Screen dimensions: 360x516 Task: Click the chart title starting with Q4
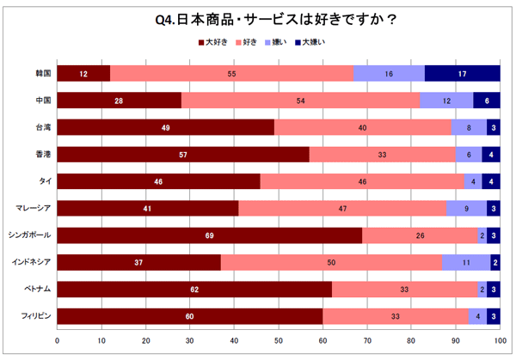click(x=258, y=17)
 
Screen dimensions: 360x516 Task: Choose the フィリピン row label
click(x=35, y=317)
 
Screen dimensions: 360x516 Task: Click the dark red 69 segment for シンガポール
click(x=210, y=235)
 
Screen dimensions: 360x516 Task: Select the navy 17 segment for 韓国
click(x=463, y=74)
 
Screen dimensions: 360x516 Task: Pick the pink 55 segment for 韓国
click(x=232, y=74)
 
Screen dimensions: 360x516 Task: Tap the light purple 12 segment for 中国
click(x=446, y=101)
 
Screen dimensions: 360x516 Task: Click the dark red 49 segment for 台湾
click(x=166, y=128)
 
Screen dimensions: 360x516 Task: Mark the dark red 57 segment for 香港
click(x=183, y=155)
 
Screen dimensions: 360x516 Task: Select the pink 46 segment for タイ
click(x=362, y=181)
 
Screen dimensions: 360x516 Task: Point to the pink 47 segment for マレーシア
click(x=342, y=209)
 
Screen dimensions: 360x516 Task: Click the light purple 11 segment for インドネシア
click(x=466, y=263)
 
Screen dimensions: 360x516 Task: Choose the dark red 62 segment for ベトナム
click(x=194, y=290)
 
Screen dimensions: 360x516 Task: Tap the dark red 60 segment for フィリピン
click(x=190, y=317)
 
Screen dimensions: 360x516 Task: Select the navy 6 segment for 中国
click(x=487, y=101)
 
